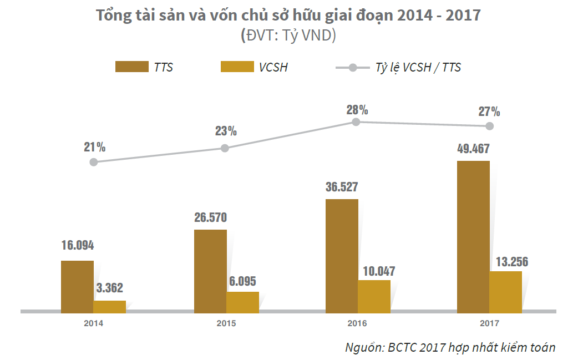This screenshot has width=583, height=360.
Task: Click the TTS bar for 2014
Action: [77, 285]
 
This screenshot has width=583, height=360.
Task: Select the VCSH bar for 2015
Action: [242, 301]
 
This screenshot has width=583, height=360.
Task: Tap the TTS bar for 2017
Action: [473, 235]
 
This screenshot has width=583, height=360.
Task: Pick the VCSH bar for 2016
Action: [374, 295]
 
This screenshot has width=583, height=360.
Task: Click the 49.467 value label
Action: [473, 149]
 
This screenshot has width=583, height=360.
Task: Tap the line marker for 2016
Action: [356, 122]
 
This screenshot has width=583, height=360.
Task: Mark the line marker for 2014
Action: [94, 162]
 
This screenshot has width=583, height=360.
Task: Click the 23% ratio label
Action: [226, 131]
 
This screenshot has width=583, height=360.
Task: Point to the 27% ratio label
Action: [489, 111]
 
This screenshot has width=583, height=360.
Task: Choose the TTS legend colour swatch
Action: [131, 67]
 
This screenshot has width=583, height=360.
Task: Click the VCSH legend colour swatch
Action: [237, 67]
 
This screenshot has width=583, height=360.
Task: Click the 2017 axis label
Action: [489, 323]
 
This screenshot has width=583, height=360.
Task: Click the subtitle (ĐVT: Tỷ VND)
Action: [288, 36]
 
